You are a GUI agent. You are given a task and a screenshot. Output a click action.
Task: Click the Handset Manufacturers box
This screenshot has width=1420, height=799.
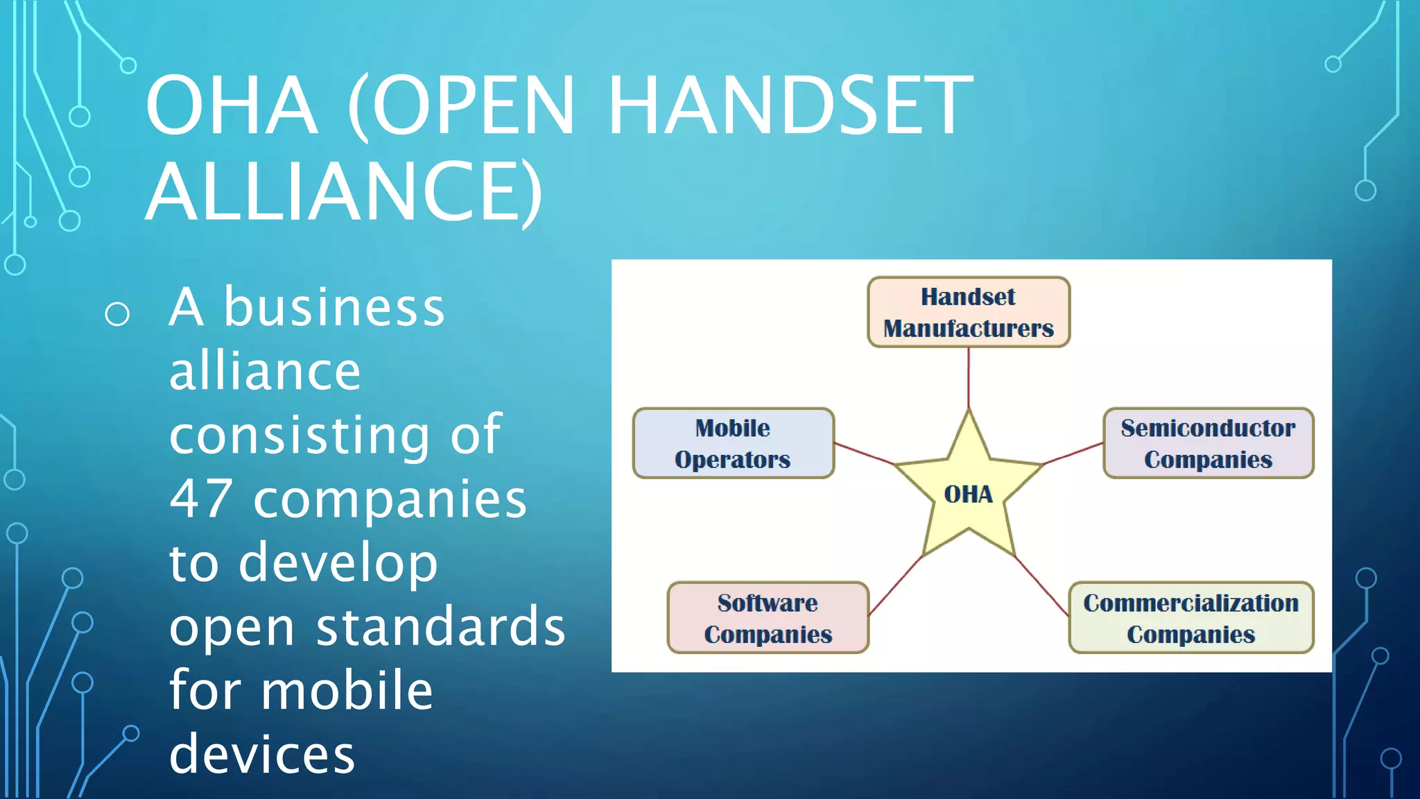968,312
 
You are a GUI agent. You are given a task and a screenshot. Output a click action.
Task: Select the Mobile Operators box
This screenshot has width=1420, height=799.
733,443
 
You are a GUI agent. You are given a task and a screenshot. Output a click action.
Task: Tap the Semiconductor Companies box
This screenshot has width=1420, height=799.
1208,443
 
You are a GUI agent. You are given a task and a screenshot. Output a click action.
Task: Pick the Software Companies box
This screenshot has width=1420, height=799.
768,618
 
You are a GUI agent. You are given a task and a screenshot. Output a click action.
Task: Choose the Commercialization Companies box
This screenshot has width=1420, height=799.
1190,618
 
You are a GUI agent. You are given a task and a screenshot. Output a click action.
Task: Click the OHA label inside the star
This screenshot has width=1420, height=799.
968,495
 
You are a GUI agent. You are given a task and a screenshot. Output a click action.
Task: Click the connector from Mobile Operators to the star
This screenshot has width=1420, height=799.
864,453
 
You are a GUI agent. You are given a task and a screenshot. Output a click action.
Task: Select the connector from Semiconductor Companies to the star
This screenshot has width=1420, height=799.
1073,453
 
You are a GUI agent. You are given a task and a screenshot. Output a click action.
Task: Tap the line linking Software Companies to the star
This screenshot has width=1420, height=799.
895,586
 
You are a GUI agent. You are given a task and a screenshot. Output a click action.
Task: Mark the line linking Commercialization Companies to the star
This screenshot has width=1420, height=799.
1041,586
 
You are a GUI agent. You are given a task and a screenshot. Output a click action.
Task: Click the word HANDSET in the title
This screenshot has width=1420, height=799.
790,105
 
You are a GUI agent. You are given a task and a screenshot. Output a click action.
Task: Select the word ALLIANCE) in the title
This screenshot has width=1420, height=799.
344,191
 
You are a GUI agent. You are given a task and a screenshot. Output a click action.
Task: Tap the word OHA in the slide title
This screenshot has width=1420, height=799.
232,105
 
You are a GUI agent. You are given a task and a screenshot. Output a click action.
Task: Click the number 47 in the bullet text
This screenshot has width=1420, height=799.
201,499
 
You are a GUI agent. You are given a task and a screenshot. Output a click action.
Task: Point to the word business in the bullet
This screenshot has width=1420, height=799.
334,307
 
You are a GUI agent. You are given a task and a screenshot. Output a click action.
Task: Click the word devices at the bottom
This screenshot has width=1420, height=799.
262,754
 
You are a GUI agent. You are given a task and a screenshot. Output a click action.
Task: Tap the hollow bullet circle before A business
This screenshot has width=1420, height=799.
117,314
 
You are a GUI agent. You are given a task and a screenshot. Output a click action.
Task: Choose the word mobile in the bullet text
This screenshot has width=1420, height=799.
347,691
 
